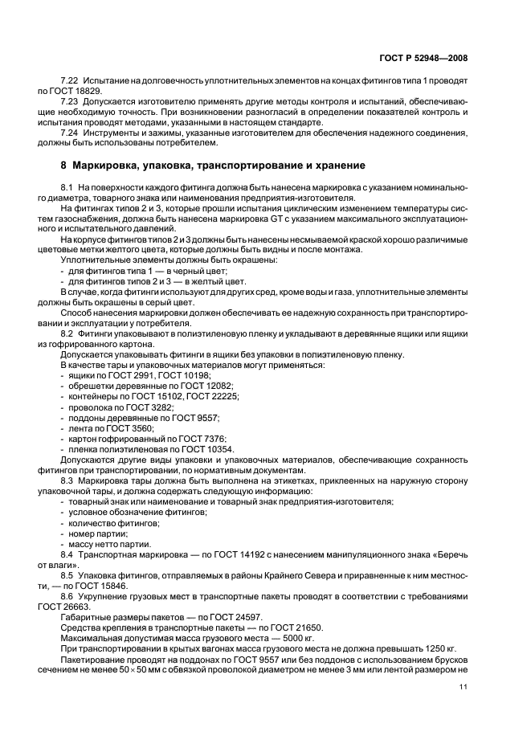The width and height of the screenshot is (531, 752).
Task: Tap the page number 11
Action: (464, 686)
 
